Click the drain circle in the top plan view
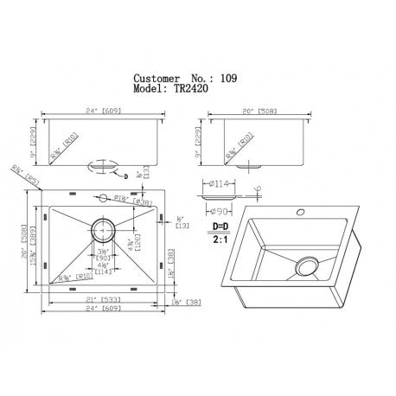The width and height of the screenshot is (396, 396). (103, 231)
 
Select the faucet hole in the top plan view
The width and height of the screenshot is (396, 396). (102, 197)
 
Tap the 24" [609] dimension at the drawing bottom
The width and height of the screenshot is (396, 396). (102, 310)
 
